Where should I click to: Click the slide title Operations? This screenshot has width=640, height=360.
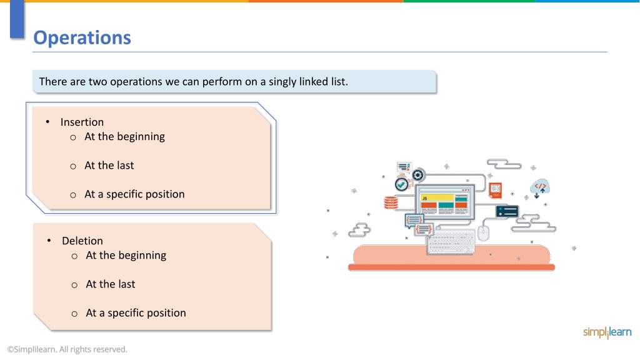(82, 38)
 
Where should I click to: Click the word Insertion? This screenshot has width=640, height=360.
(82, 122)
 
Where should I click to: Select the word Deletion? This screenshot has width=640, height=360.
(82, 241)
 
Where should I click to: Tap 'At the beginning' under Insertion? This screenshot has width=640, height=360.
(124, 137)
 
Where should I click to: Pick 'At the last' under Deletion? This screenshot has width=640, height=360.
(110, 284)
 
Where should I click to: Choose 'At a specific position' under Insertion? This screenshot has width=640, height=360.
(134, 194)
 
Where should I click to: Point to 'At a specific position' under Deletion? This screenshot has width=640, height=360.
(136, 313)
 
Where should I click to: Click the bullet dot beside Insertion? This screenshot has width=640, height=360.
(47, 122)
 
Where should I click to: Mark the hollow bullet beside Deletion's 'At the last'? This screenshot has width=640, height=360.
(74, 285)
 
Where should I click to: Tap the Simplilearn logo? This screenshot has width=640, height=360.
(607, 332)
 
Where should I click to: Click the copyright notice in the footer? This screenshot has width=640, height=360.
(67, 349)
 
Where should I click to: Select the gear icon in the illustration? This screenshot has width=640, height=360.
(417, 176)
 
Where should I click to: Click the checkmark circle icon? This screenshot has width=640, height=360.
(402, 184)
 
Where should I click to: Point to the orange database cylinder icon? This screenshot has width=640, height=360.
(391, 202)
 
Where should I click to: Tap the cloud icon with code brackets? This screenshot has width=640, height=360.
(540, 187)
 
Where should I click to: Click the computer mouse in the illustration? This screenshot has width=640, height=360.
(483, 233)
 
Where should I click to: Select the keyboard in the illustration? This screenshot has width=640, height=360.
(451, 242)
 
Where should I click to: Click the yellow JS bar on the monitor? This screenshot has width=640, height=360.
(437, 197)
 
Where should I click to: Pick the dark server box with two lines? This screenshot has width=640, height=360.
(507, 211)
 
